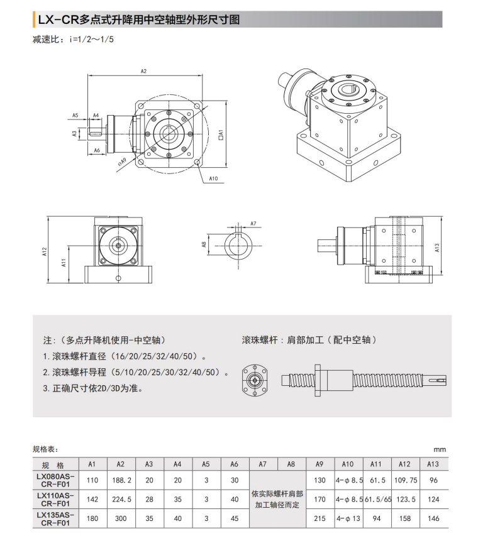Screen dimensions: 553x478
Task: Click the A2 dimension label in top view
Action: [x=143, y=71]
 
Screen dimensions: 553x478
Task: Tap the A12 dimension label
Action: [x=45, y=252]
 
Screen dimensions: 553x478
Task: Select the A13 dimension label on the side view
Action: [x=436, y=248]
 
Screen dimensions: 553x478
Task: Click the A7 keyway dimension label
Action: [x=253, y=224]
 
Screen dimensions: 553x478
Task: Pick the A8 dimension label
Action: [x=204, y=244]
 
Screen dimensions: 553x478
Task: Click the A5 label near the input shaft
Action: [x=75, y=116]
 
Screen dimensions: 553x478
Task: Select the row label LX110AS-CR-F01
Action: [x=55, y=500]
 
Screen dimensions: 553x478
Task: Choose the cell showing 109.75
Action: [x=404, y=480]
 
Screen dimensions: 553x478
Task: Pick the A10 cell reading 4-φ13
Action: [x=347, y=518]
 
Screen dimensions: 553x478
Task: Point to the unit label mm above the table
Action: [x=439, y=449]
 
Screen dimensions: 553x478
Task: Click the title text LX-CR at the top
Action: [x=58, y=19]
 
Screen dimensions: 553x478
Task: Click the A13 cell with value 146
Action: [x=432, y=518]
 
